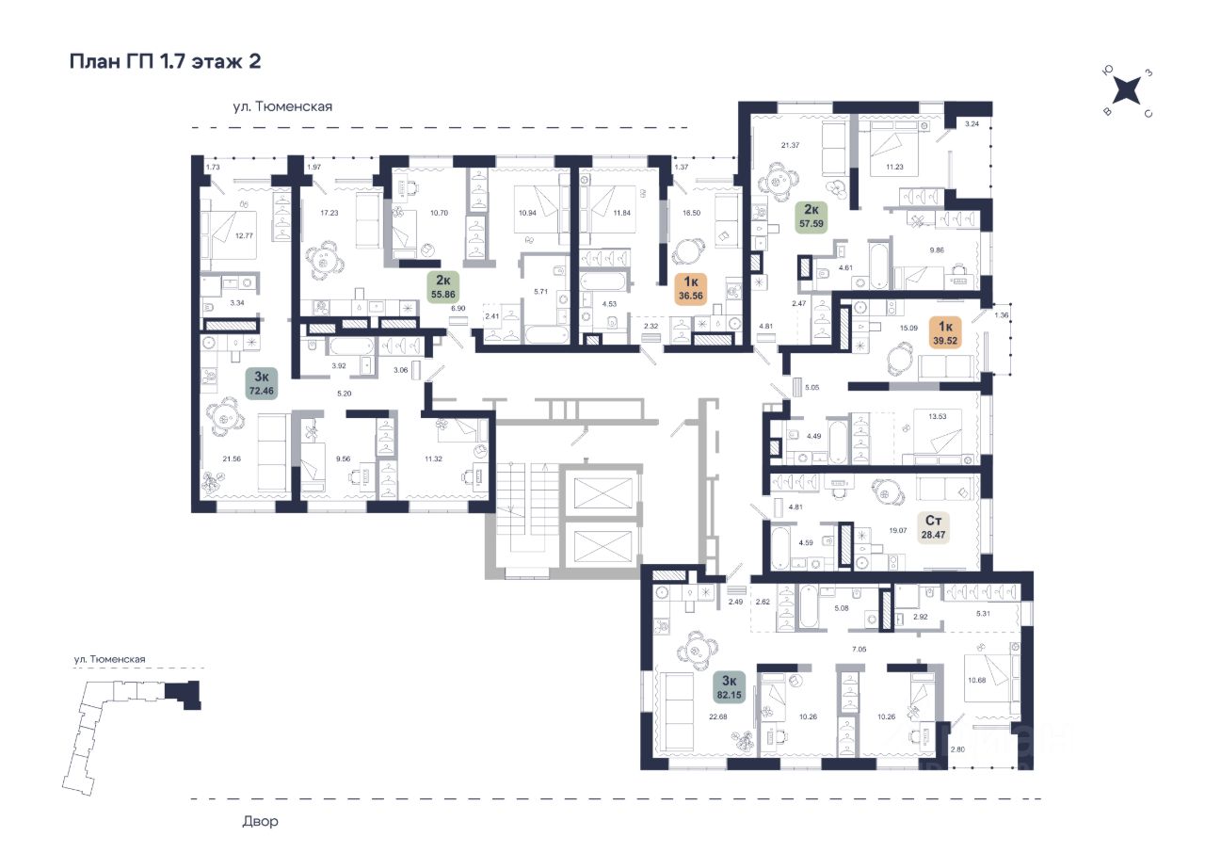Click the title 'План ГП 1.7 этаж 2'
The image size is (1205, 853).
[165, 62]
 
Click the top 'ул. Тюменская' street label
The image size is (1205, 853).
[284, 107]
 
